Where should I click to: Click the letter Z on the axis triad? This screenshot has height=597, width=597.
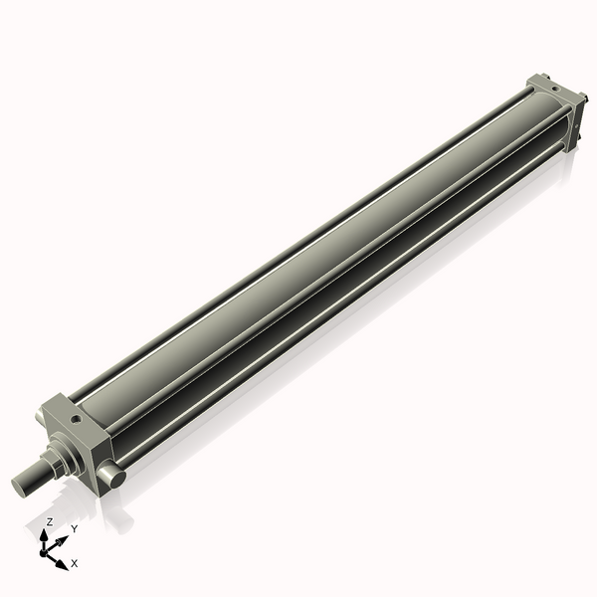[x=50, y=522]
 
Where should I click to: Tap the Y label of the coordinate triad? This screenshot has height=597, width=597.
[x=74, y=528]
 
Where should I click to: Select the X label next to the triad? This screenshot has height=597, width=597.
[x=75, y=563]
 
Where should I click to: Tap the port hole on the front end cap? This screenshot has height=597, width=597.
[x=77, y=420]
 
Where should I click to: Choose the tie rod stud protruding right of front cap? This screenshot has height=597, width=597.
[x=115, y=479]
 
